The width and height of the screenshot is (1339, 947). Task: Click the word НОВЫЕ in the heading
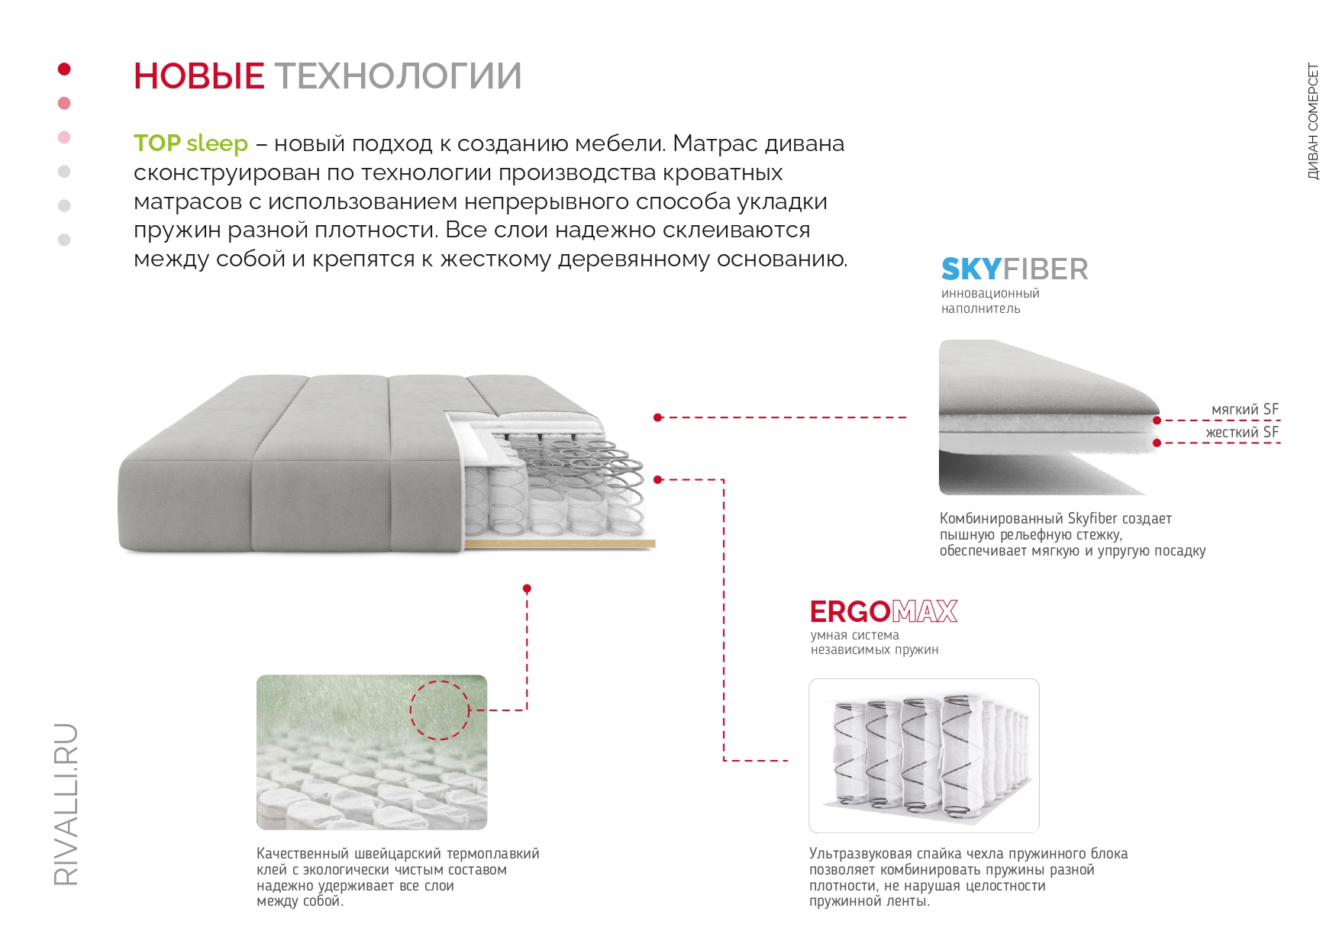(198, 76)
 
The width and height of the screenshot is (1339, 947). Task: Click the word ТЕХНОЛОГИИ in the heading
(398, 76)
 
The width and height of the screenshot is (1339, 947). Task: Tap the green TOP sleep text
(191, 143)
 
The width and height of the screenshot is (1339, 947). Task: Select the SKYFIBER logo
(1015, 269)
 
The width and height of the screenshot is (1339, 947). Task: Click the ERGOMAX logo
(883, 612)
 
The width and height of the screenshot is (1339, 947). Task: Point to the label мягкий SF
(1244, 410)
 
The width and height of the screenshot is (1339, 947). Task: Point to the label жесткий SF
(1242, 433)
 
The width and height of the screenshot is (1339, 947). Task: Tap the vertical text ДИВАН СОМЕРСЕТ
(1313, 121)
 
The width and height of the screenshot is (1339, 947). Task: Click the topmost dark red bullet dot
(64, 69)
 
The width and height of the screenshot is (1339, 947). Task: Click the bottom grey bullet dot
(64, 240)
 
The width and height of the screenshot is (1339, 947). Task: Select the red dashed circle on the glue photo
(440, 710)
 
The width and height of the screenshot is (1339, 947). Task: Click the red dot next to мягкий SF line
(1157, 420)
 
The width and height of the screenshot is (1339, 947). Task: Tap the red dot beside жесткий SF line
(1157, 443)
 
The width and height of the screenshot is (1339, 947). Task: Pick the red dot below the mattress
(527, 588)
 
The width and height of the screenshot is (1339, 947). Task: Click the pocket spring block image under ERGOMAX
(924, 755)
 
